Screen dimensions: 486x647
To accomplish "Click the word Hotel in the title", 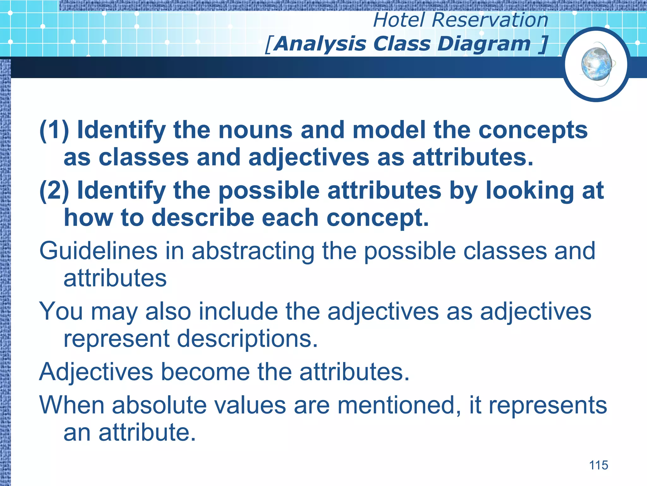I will (399, 20).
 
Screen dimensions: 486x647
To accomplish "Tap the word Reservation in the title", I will (490, 20).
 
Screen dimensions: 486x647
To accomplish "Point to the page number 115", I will (598, 465).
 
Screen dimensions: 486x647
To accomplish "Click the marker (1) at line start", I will (54, 130).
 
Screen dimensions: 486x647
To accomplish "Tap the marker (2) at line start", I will (54, 190).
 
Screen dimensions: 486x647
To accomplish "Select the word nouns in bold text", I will (255, 130).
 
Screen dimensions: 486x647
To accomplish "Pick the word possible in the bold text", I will (269, 191).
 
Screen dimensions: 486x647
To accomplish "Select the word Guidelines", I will (98, 251).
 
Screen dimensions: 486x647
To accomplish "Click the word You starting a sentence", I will (61, 311).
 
